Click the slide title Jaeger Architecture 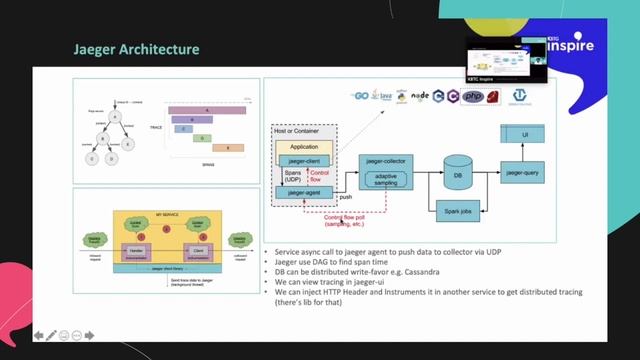point(137,49)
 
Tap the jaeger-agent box point(304,191)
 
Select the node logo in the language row point(421,96)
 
